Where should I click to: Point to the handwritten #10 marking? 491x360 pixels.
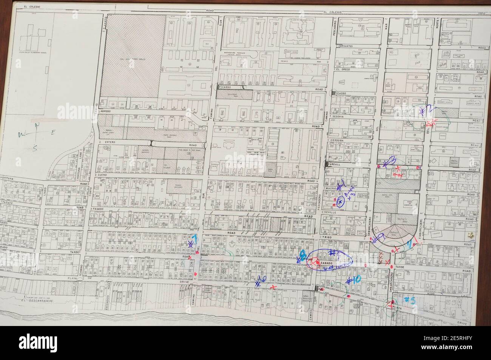pyautogui.click(x=354, y=280)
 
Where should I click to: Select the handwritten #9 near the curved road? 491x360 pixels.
pyautogui.click(x=379, y=237)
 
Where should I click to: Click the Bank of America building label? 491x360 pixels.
pyautogui.click(x=409, y=203)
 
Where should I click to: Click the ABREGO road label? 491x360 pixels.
pyautogui.click(x=105, y=111)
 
